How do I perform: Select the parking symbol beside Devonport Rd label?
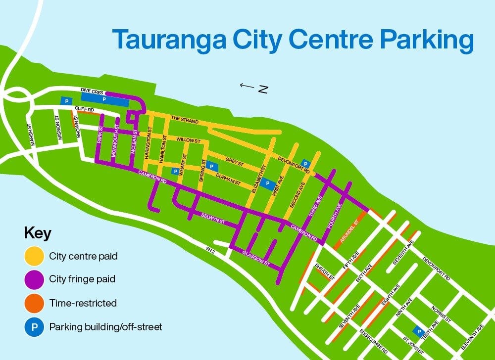(x=306, y=163)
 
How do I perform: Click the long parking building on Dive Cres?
(x=103, y=99)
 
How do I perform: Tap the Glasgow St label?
(x=255, y=258)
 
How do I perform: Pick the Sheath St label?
(x=325, y=272)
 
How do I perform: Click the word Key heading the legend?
(x=37, y=233)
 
